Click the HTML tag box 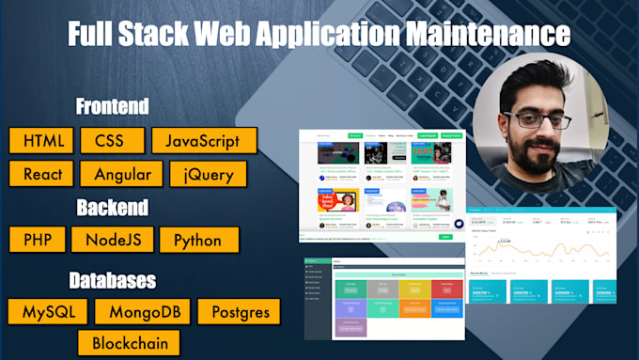[x=44, y=141]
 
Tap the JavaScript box [x=204, y=141]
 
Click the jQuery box [x=209, y=174]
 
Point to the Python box [x=198, y=239]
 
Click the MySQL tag [x=48, y=311]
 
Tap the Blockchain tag [x=130, y=342]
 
